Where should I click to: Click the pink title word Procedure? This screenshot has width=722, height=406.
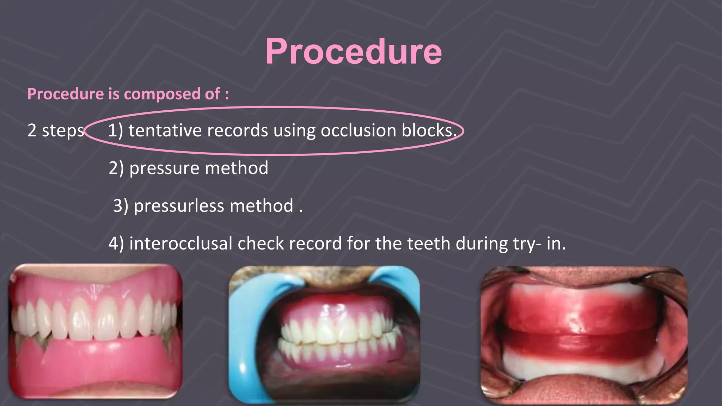click(353, 51)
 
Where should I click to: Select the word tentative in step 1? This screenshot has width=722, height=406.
click(165, 130)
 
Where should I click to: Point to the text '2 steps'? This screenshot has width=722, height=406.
click(56, 131)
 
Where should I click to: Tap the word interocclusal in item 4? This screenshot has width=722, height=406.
click(180, 244)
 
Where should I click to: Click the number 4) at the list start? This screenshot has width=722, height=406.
click(116, 244)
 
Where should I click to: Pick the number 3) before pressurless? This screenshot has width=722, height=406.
click(121, 206)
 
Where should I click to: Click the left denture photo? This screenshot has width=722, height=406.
click(95, 331)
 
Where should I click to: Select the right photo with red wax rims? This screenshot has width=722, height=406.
click(583, 335)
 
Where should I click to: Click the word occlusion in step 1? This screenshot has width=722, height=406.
click(358, 130)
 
